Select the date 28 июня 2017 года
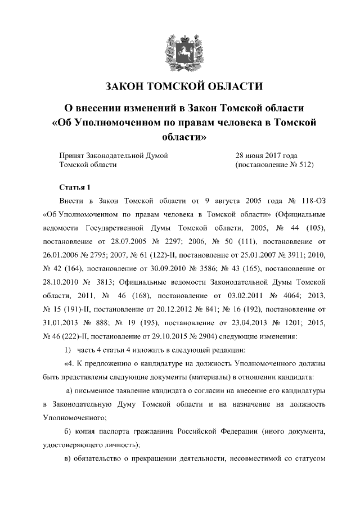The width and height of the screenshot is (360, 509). tap(266, 155)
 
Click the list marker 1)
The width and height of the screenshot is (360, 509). tap(64, 351)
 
